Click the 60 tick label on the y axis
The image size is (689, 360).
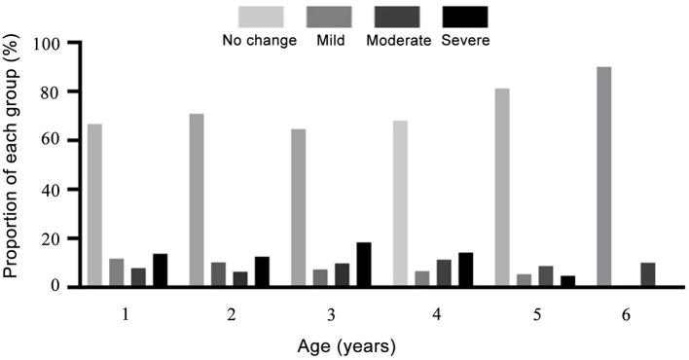pos(52,140)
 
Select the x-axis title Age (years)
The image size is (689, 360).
pos(345,343)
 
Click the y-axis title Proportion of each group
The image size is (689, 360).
pos(14,165)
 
